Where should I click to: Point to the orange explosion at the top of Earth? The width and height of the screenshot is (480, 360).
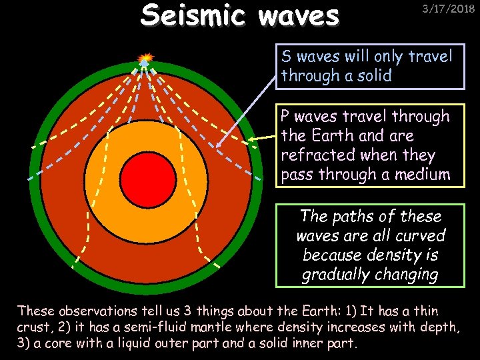coord(145,58)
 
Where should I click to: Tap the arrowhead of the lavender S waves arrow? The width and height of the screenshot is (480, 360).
coord(219,143)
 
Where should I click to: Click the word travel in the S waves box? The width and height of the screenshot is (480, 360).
coord(427,55)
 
